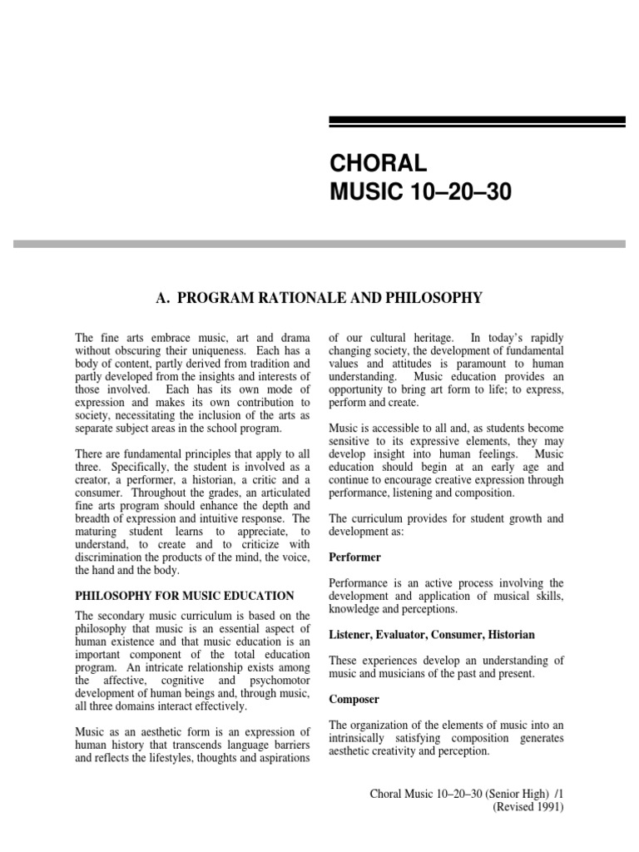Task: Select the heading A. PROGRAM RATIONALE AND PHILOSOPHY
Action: (319, 297)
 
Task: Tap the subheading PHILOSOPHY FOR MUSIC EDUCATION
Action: (185, 595)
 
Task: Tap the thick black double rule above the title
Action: (477, 122)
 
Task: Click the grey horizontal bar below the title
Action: (319, 244)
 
